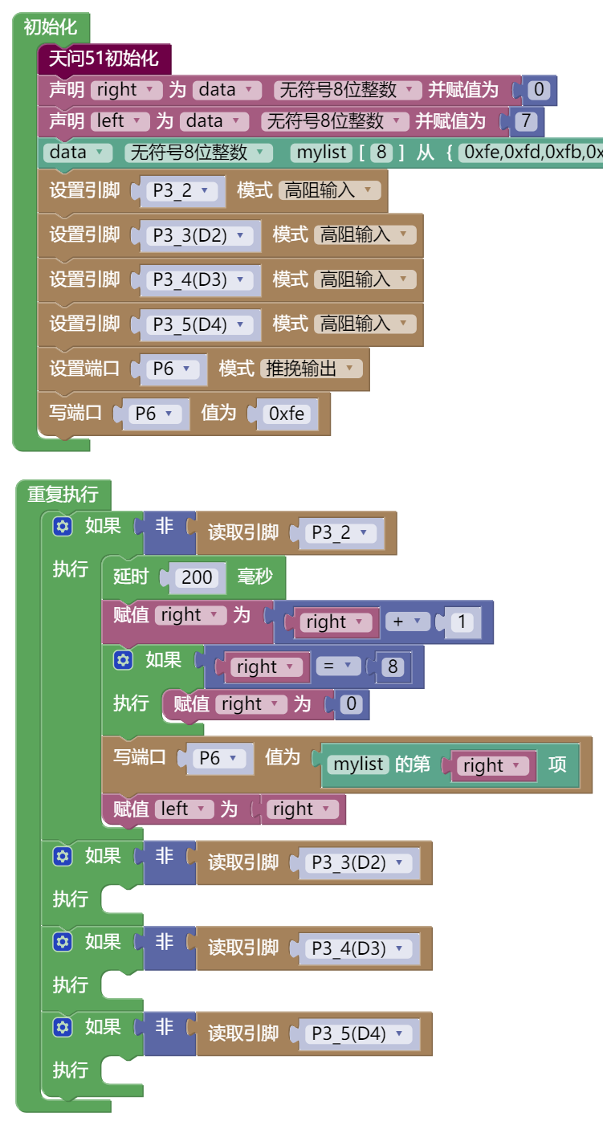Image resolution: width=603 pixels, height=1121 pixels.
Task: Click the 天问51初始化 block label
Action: (x=104, y=59)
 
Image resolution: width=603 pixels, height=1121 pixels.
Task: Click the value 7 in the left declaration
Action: (x=527, y=121)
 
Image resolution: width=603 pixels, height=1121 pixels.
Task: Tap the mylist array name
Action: (x=321, y=152)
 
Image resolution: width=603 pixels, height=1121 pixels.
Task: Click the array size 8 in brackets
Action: (x=381, y=152)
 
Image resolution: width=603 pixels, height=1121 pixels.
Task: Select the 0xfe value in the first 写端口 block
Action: (x=287, y=414)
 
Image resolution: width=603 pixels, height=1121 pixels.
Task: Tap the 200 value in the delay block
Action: (x=197, y=577)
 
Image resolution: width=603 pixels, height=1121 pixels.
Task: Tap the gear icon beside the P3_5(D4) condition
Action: (x=63, y=1027)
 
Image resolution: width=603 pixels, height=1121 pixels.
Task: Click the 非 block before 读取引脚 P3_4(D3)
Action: (x=164, y=942)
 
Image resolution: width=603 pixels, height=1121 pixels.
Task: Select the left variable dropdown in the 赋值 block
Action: (x=184, y=809)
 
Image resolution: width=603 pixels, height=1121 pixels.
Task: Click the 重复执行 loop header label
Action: (x=63, y=494)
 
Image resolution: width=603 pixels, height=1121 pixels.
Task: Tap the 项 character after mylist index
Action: (x=557, y=764)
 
